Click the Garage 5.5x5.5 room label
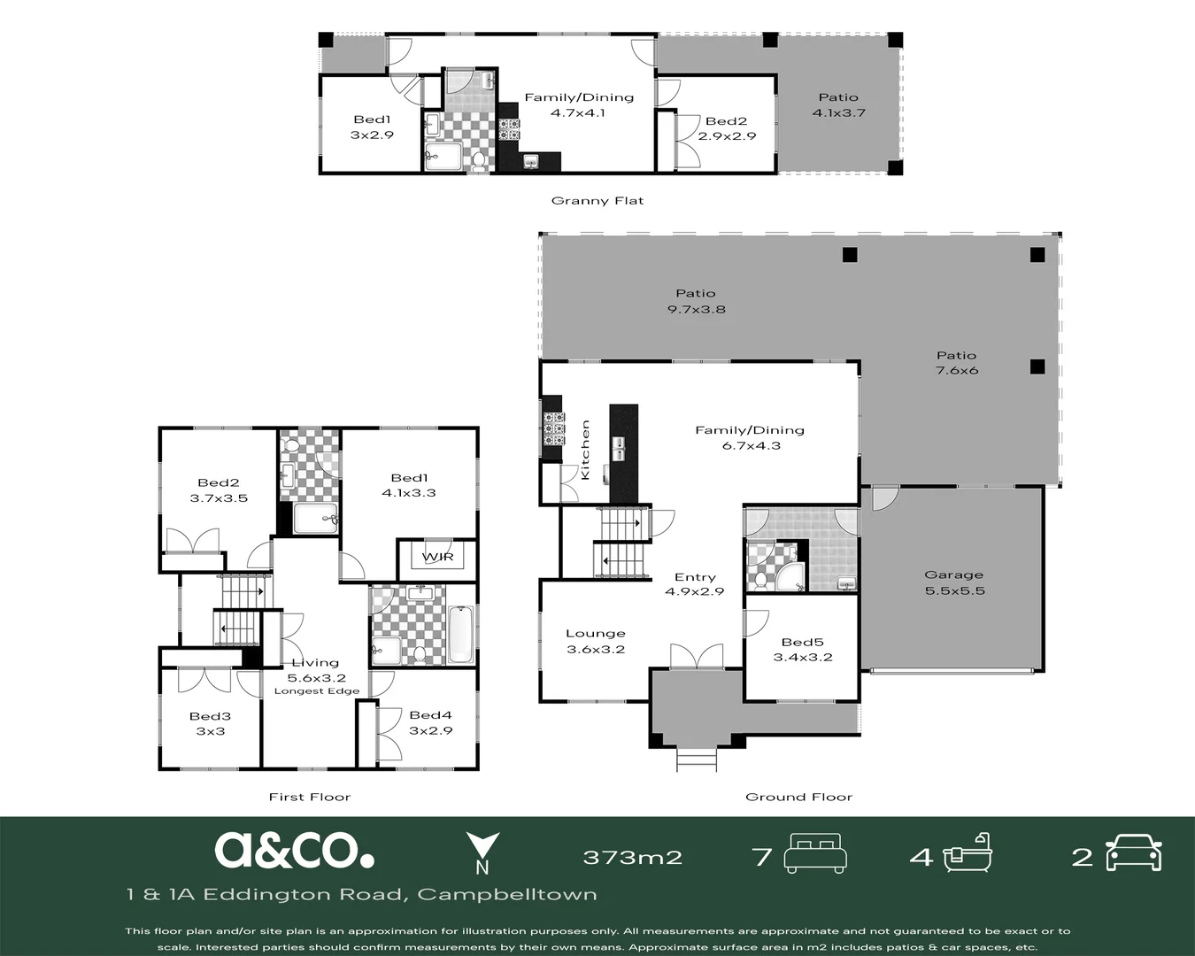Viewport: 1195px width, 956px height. coord(954,582)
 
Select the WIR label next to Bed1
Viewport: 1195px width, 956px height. coord(437,557)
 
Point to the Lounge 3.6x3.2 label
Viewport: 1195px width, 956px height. coord(596,641)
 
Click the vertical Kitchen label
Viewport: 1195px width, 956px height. coord(585,450)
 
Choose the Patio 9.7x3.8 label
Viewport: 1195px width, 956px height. coord(697,301)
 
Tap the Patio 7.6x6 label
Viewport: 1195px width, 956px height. coord(956,363)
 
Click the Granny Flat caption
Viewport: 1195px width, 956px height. coord(597,201)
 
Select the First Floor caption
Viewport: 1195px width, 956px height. coord(310,798)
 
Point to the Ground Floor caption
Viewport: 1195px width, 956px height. coord(798,798)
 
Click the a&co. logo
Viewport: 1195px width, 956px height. coord(294,850)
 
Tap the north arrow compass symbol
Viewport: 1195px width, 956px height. coord(482,852)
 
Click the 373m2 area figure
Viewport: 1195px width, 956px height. coord(633,857)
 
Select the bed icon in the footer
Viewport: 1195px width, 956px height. coord(815,853)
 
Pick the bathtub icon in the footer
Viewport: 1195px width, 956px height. coord(968,853)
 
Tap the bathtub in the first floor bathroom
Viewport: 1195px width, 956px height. coord(460,635)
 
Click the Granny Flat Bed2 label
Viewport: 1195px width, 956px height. coord(727,128)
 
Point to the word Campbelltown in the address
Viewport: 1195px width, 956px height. coord(507,894)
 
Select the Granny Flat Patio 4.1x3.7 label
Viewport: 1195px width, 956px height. coord(838,105)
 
